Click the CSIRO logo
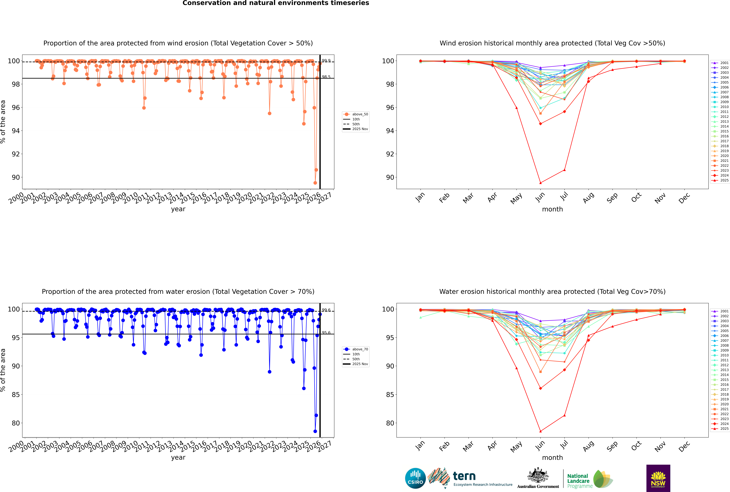tap(415, 478)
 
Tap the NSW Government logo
tap(658, 478)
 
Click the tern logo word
tap(464, 476)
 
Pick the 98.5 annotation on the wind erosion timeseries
tap(326, 77)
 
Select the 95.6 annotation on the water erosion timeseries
tap(326, 333)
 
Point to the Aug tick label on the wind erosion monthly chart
tap(588, 198)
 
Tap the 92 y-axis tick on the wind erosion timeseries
tap(16, 154)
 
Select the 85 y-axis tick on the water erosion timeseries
tap(16, 395)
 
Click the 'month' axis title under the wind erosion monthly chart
tap(552, 209)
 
